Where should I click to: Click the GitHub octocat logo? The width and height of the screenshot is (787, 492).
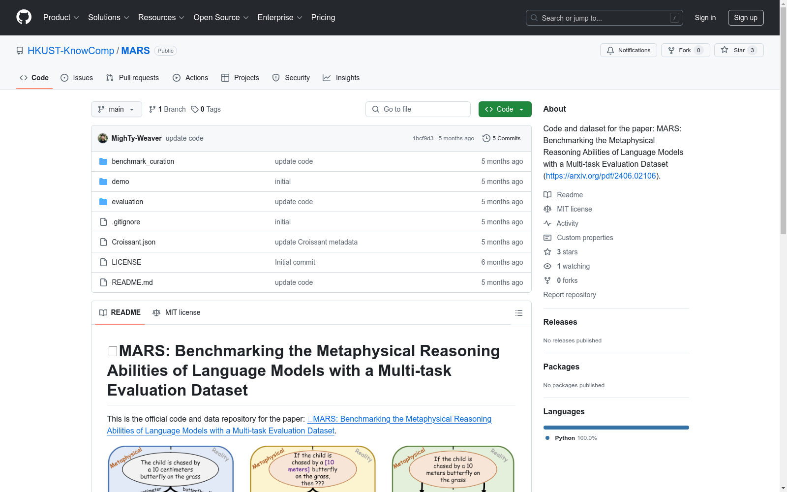point(24,17)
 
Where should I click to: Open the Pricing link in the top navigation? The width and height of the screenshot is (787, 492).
point(323,18)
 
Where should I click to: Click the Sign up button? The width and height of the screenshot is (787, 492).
point(746,18)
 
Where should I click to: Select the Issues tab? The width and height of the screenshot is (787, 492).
point(77,78)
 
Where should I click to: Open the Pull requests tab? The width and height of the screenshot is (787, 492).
point(132,78)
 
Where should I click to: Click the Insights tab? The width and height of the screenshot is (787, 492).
point(341,78)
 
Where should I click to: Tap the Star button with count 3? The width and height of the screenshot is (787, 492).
point(738,50)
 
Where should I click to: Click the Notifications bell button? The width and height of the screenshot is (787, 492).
point(628,50)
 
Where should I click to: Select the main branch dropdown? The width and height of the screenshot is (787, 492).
point(116,109)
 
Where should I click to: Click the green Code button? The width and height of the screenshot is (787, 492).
point(505,109)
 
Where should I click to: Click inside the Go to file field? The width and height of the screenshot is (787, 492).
point(418,109)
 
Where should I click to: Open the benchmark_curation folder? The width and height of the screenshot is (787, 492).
point(143,161)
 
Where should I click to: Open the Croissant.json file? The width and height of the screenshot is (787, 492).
point(133,242)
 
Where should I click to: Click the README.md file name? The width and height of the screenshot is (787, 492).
point(132,282)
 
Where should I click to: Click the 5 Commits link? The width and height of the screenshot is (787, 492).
point(501,138)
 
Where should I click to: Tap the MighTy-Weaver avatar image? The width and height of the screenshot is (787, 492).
point(103,138)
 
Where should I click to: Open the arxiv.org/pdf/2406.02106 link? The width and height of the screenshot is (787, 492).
point(601,176)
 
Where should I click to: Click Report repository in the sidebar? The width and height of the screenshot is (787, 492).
point(570,295)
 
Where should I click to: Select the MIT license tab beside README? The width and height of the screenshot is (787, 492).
point(177,312)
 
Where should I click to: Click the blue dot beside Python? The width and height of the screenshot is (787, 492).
point(547,438)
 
